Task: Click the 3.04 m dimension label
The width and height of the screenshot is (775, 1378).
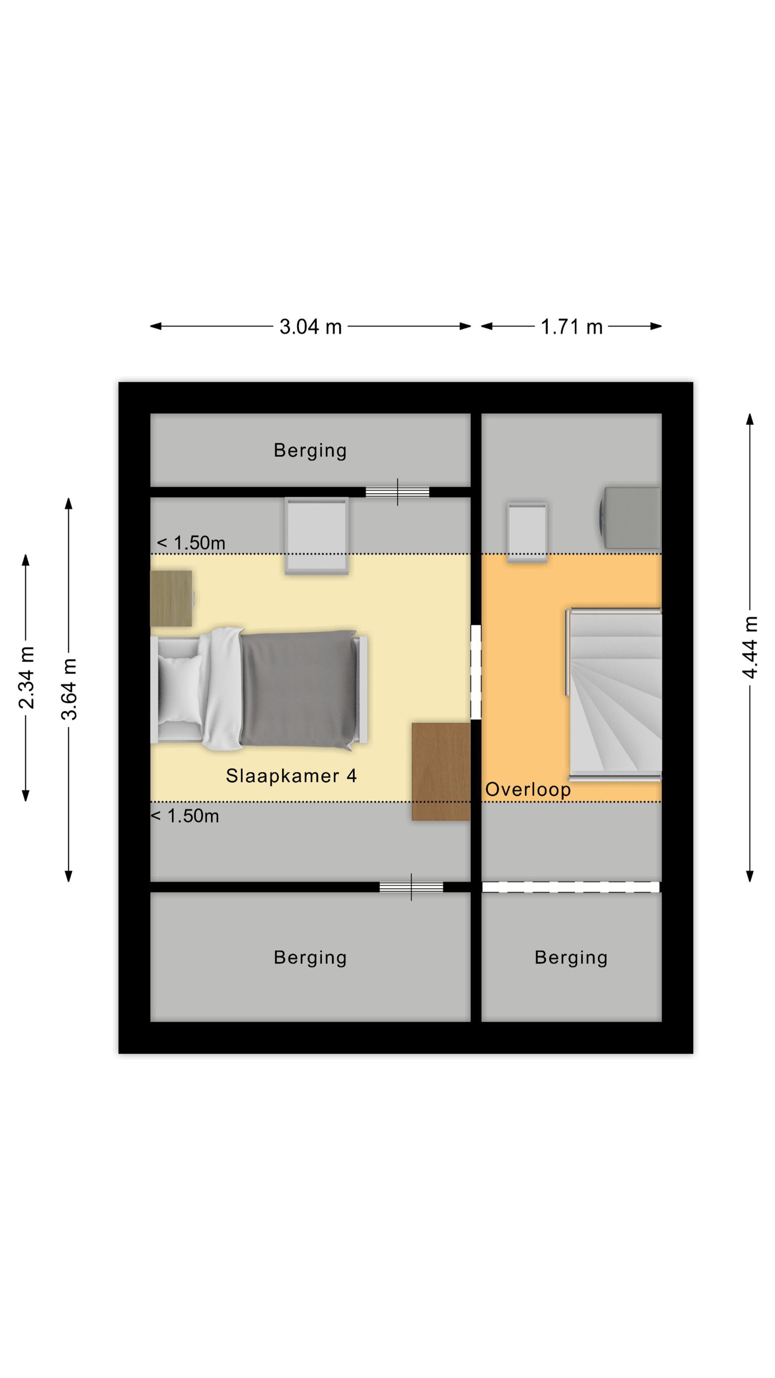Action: (310, 326)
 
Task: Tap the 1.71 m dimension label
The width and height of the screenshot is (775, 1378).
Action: (571, 326)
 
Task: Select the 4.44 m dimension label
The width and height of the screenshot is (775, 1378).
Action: (750, 647)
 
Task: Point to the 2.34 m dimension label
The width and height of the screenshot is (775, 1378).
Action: (26, 677)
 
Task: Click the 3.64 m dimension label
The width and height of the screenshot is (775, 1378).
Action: (69, 689)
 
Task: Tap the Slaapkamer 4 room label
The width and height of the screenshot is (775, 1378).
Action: (291, 775)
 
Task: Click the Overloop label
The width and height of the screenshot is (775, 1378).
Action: (527, 789)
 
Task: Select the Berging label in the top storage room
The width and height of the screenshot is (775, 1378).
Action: (310, 450)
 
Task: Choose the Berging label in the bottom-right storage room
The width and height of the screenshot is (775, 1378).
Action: (571, 957)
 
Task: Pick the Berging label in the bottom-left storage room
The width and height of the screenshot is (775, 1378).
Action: (310, 957)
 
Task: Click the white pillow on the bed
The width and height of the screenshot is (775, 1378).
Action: (180, 689)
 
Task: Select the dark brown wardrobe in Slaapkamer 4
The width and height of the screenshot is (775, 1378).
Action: (441, 771)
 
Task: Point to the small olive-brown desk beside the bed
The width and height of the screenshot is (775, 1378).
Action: (171, 598)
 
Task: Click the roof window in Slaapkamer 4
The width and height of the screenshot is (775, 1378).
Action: (317, 536)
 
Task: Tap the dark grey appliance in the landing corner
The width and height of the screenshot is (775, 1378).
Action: (630, 517)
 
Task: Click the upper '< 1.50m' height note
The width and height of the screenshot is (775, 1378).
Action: (190, 543)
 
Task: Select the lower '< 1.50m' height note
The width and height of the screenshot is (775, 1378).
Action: (185, 816)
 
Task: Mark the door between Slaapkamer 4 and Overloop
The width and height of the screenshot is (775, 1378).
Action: (476, 672)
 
